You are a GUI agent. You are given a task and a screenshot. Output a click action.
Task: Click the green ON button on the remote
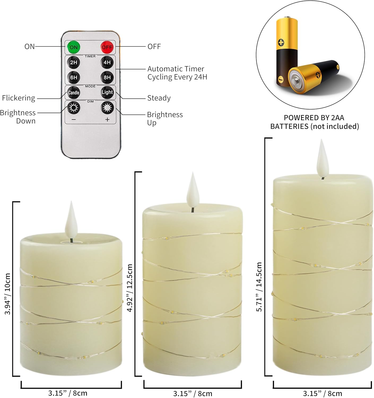(73, 47)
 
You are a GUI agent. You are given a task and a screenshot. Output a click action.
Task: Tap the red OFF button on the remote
(107, 47)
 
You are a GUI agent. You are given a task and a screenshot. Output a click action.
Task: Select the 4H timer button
(107, 62)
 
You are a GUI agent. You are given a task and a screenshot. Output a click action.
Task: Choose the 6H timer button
(73, 77)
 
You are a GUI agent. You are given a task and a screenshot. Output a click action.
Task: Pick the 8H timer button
(107, 77)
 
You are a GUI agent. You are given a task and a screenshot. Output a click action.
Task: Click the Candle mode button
(73, 93)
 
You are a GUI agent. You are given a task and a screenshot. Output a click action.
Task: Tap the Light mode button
(107, 92)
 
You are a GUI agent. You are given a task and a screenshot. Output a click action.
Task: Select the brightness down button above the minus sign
(73, 108)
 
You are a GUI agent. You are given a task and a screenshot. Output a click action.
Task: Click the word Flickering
(19, 98)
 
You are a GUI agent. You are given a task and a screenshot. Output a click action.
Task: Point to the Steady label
(159, 98)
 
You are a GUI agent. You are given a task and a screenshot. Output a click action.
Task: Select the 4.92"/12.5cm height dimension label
(130, 288)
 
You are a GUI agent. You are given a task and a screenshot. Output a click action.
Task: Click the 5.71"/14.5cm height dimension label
(259, 287)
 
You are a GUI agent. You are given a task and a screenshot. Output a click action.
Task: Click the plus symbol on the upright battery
(281, 42)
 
